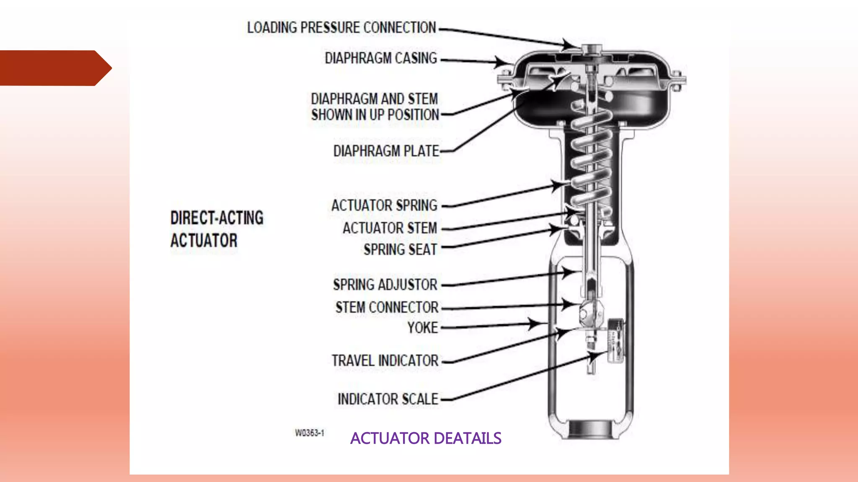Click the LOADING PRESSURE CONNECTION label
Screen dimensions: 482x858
341,28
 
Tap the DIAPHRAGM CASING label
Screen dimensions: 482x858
381,58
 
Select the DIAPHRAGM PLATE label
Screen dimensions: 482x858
386,151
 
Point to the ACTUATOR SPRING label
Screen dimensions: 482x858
384,205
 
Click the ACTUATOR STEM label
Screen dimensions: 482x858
390,228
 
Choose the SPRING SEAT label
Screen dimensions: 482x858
400,250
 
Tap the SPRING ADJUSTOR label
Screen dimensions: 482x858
385,285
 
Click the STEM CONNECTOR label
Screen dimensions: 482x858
387,308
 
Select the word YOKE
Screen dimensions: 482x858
422,328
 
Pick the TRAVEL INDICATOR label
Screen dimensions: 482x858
385,361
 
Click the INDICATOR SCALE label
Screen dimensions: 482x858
388,399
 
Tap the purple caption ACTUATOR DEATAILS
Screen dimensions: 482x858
426,438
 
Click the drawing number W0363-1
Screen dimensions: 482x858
310,433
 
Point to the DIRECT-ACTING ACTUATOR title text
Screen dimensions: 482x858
217,229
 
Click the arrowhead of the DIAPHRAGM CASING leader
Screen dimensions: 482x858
502,62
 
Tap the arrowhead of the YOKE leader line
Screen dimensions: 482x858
536,323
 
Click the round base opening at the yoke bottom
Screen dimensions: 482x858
591,429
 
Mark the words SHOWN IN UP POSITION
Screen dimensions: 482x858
375,115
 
